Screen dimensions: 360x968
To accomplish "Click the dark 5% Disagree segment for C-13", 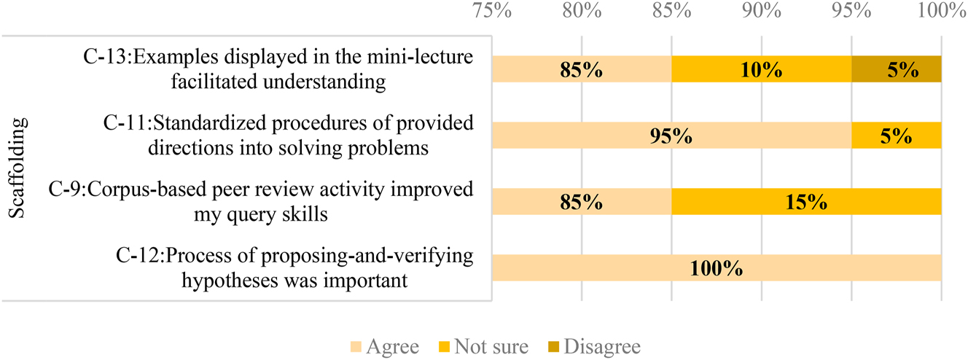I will (897, 70).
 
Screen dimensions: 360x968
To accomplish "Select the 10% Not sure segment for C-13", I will (761, 70).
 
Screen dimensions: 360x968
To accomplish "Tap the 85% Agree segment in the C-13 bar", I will (582, 70).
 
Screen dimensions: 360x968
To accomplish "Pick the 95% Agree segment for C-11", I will (671, 136).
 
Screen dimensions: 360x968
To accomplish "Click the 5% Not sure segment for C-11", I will (897, 136).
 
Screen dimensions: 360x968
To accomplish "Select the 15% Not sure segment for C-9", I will (806, 202).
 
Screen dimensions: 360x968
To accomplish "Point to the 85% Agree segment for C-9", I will (582, 202).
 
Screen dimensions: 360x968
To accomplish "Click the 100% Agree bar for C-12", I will (717, 268).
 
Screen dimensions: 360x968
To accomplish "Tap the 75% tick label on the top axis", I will (492, 11).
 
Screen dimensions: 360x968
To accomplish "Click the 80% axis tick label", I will (582, 11).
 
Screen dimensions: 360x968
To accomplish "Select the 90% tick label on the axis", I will (762, 11).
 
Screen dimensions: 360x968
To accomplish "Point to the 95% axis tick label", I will (851, 11).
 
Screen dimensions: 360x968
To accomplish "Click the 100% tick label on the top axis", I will (941, 11).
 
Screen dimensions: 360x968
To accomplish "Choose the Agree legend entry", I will (384, 346).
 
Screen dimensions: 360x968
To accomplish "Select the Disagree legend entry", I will (595, 346).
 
